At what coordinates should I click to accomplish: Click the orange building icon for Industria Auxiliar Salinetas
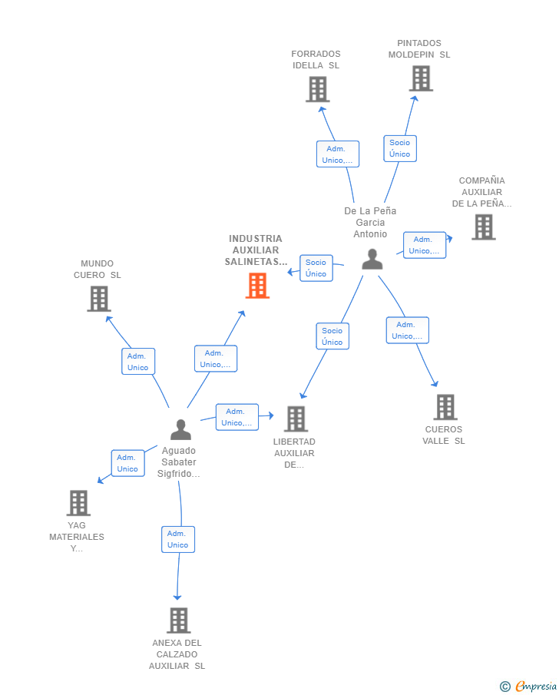257,286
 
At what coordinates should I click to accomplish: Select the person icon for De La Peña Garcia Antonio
372,260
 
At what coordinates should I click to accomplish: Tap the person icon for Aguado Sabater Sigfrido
181,429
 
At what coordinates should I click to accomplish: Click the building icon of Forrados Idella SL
318,89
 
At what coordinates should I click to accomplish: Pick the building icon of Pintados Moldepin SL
421,78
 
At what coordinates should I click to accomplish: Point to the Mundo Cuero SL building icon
99,299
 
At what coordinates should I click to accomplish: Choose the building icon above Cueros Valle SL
445,407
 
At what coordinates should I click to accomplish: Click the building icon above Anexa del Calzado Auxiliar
179,620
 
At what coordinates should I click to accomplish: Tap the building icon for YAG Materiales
78,503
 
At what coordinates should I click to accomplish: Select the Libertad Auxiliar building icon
296,419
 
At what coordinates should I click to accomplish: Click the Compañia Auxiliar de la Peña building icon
484,227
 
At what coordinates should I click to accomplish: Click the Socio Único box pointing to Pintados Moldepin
400,148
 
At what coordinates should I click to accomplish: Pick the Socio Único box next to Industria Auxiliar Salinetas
316,268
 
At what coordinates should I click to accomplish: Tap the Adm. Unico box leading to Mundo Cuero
138,361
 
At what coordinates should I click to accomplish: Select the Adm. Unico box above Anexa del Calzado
178,539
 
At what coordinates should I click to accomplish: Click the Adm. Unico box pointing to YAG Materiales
128,463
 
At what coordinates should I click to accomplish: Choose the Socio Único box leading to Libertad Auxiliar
332,336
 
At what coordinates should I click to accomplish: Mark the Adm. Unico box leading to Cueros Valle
408,330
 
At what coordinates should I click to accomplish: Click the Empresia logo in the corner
528,686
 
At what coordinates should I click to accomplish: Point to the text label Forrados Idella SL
316,59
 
